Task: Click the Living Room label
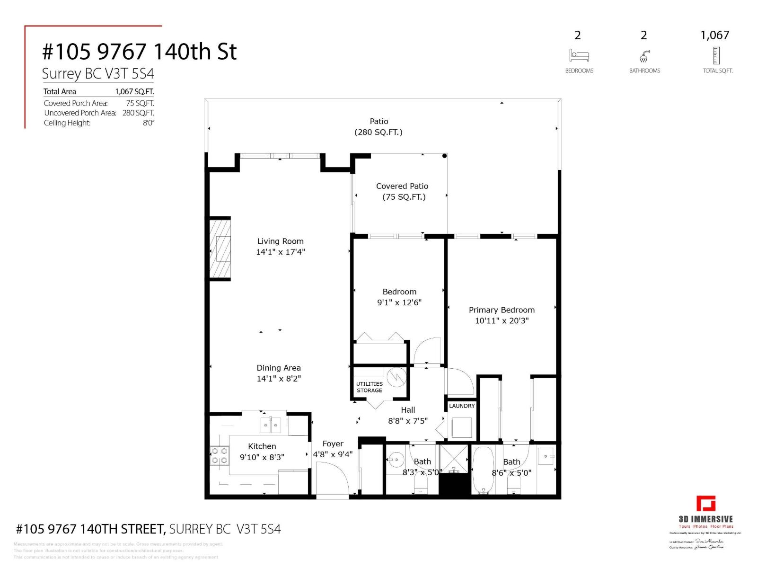coord(280,241)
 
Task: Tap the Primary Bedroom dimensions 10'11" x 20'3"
coord(502,320)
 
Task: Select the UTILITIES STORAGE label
coord(370,387)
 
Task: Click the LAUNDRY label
coord(461,406)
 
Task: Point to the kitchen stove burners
coord(219,456)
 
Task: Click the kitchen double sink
coord(271,425)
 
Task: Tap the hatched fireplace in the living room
coord(220,248)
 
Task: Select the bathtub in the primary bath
coord(483,470)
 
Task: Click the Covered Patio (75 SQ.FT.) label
coord(403,192)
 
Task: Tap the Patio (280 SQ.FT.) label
coord(378,127)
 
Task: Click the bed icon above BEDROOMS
coord(579,55)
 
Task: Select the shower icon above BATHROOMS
coord(644,56)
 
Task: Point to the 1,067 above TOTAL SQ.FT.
coord(714,35)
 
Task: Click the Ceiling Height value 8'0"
coord(149,123)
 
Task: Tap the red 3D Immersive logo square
coord(705,504)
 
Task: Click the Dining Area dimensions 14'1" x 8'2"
coord(279,379)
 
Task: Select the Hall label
coord(408,410)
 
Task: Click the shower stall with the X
coord(454,458)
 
